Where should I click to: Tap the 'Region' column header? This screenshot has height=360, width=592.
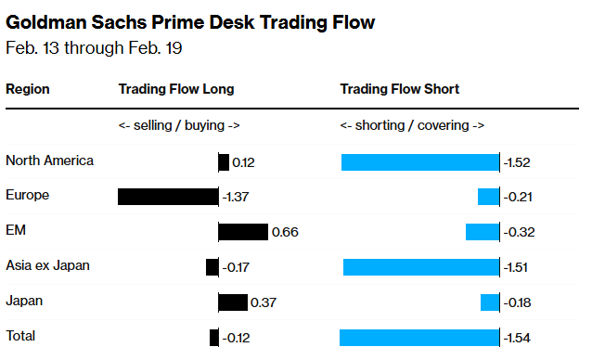28,89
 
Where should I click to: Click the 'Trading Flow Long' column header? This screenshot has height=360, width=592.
176,89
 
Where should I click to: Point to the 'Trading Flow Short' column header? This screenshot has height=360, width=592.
400,89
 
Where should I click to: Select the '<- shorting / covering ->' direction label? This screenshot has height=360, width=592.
412,125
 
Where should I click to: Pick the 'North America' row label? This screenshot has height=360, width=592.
49,161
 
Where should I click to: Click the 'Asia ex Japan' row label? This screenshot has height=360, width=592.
47,266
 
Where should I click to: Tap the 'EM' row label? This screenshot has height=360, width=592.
15,231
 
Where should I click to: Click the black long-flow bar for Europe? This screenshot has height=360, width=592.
168,197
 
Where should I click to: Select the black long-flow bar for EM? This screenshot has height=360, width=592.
243,232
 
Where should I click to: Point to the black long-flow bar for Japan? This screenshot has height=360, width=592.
233,302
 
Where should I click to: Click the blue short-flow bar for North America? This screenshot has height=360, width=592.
420,162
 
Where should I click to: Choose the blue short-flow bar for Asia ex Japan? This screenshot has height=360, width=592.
421,267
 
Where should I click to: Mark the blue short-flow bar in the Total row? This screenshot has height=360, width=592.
419,338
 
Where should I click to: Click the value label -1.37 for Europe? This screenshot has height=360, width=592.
236,197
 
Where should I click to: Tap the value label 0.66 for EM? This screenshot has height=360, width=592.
284,232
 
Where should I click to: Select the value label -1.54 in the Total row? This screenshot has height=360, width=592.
517,338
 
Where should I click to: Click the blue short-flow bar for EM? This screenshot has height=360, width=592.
483,232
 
